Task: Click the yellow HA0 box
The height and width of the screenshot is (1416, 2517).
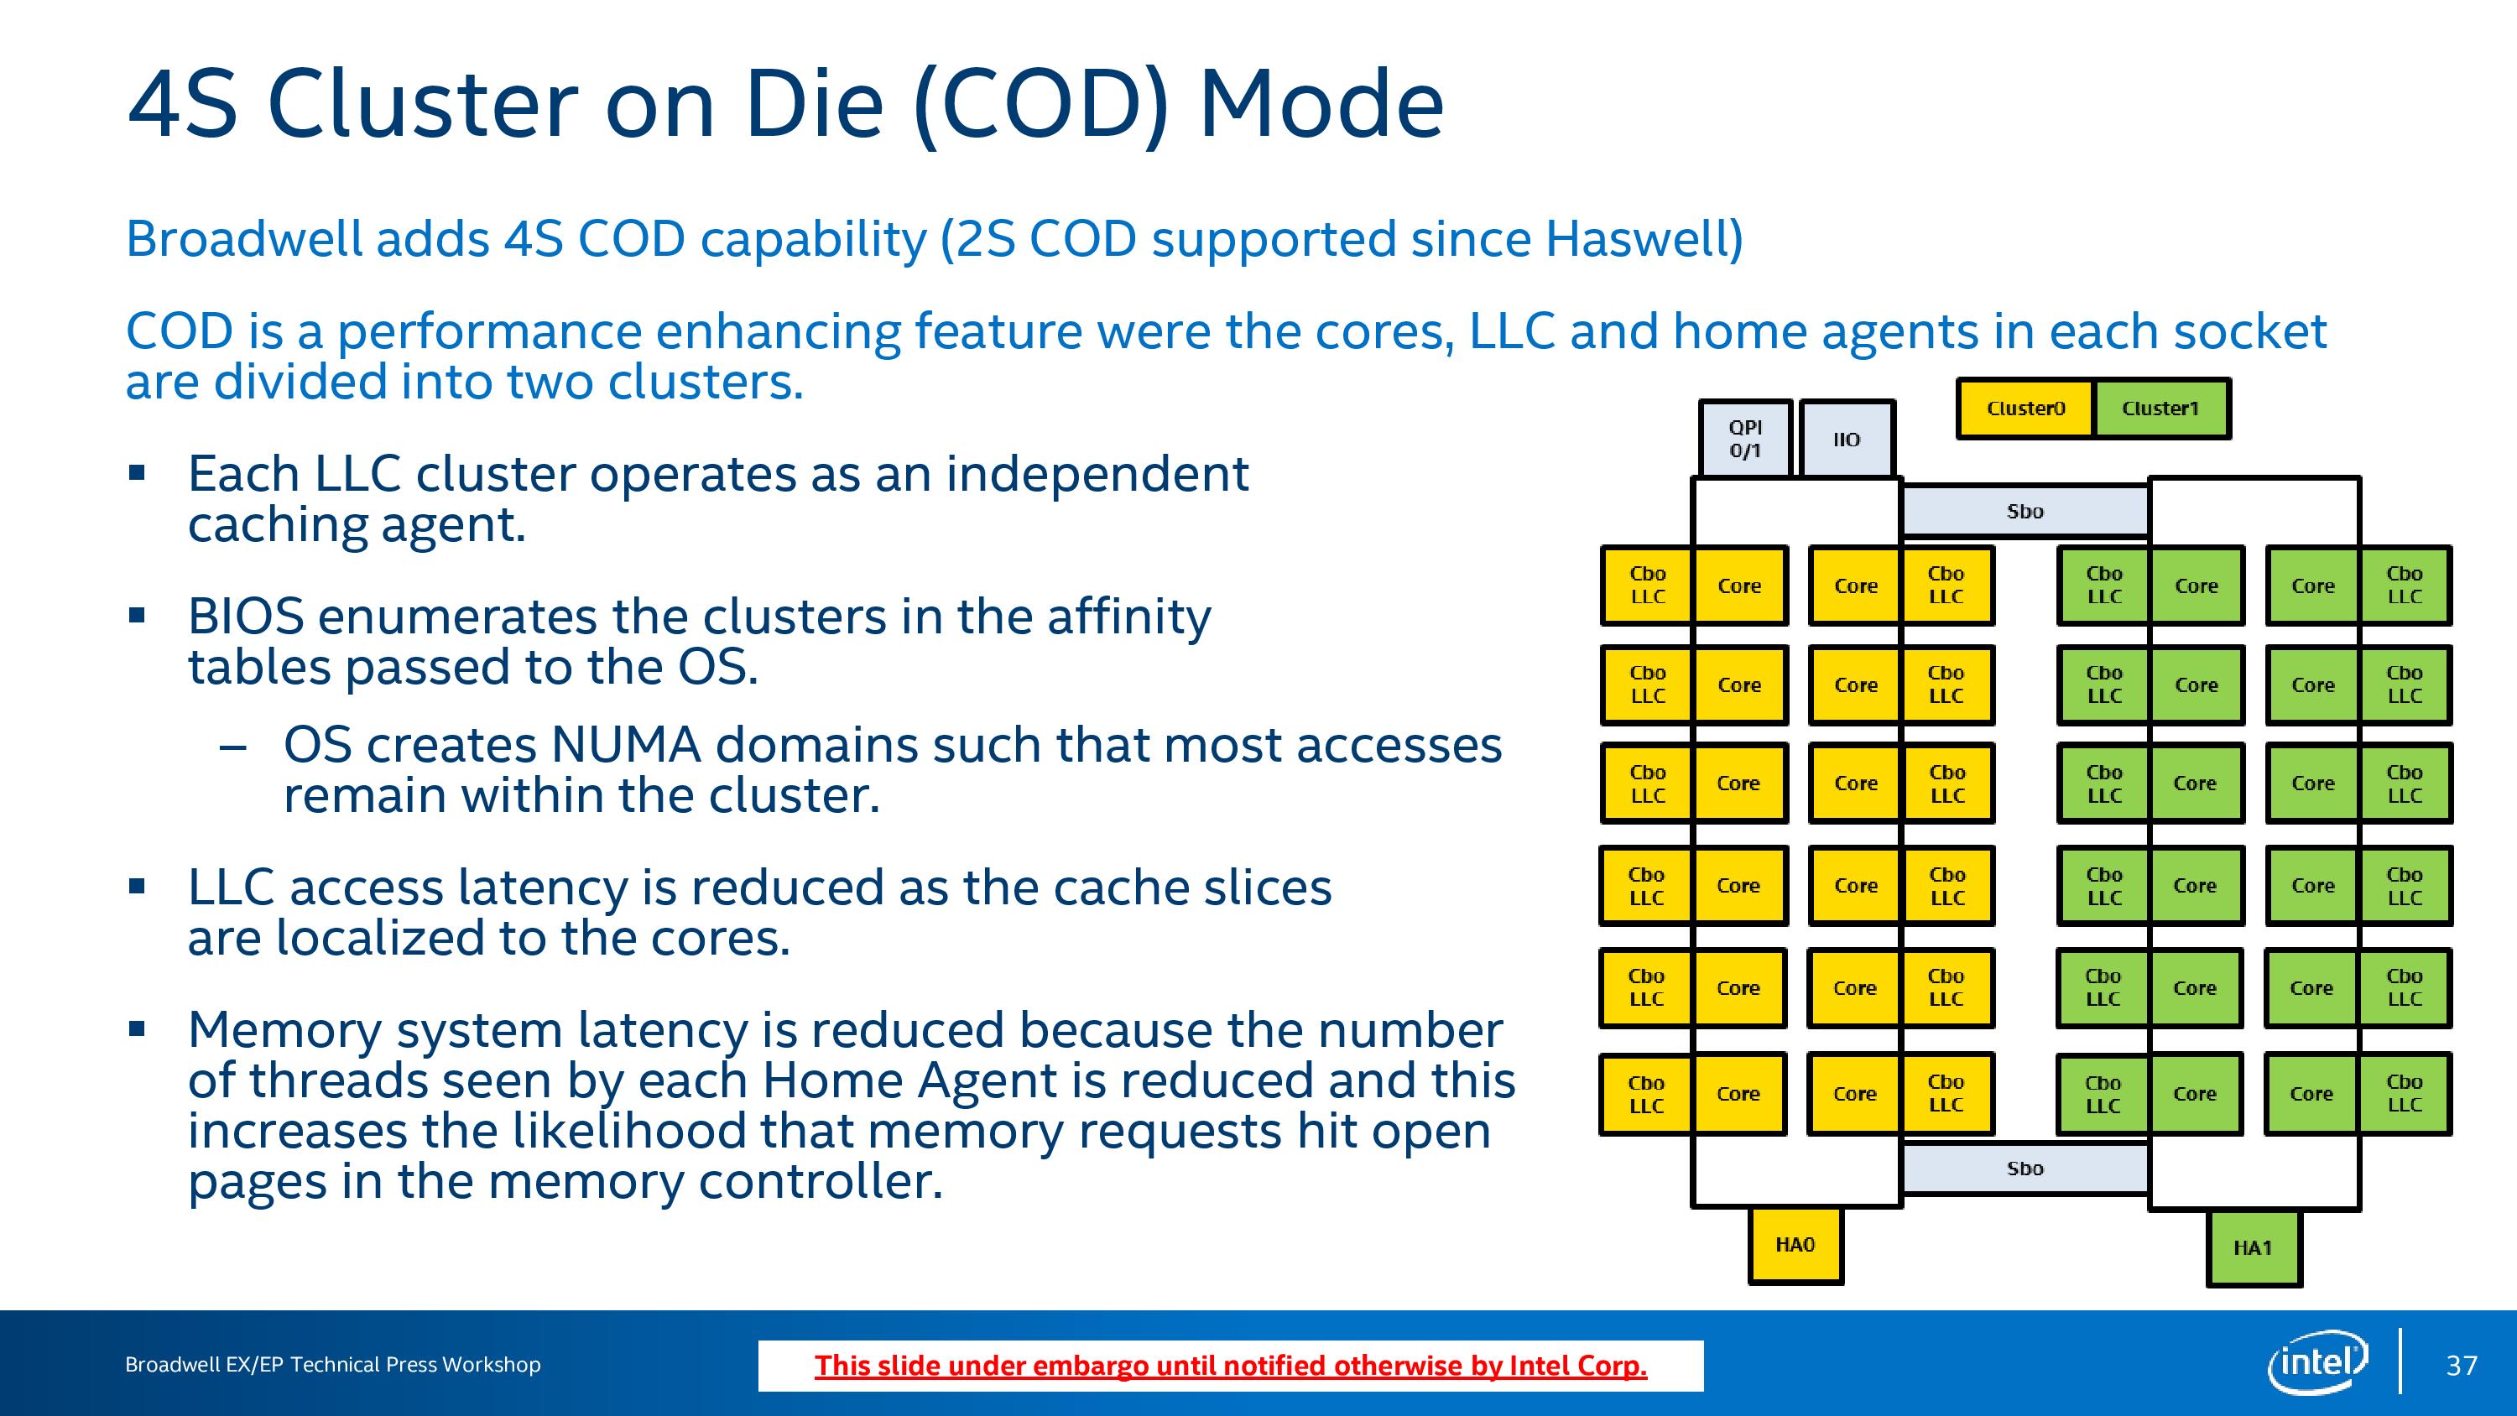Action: click(x=1795, y=1245)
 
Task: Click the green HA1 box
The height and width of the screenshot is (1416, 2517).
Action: click(x=2254, y=1248)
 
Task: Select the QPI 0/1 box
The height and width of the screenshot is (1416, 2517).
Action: click(x=1745, y=439)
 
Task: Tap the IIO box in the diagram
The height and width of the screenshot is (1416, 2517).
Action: click(x=1847, y=439)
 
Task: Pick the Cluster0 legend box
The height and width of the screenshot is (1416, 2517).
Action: click(x=2025, y=409)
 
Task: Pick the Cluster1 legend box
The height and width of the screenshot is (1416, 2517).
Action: click(x=2160, y=409)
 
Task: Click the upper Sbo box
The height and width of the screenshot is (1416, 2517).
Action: click(x=2025, y=511)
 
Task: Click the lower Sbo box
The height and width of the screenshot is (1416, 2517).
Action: click(x=2025, y=1169)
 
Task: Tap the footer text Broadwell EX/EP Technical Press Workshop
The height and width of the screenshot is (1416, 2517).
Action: click(x=332, y=1365)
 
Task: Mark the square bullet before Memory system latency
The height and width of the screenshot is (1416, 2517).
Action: click(x=137, y=1028)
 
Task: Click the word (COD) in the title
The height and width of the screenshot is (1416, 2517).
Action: click(x=1041, y=106)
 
